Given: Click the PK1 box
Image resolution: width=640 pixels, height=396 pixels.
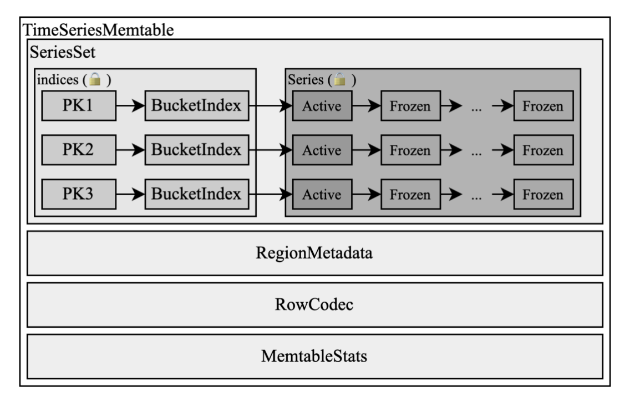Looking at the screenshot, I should (78, 105).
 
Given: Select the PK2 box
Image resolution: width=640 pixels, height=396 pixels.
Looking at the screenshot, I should (78, 150).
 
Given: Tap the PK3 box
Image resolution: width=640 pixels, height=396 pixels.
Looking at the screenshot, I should (78, 194).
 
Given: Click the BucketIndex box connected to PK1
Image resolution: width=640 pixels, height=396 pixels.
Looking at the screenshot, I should (197, 105).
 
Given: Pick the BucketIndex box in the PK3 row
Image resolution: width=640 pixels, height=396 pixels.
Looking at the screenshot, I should (197, 194).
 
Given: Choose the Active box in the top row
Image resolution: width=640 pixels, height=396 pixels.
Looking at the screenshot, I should (322, 106).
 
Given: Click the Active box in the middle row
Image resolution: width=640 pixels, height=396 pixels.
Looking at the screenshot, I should (322, 150).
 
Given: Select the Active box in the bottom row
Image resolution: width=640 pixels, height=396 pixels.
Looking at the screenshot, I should (322, 195).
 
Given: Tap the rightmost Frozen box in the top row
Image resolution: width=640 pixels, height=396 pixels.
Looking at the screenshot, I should (542, 106).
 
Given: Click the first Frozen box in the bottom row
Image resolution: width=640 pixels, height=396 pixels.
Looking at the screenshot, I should (410, 195).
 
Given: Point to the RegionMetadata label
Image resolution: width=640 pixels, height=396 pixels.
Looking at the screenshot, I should (314, 253).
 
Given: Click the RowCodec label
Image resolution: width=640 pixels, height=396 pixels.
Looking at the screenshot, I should (314, 305).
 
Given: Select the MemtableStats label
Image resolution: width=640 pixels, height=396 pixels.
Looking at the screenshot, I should (314, 356).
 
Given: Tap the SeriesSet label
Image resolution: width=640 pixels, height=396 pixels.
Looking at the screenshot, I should (62, 53).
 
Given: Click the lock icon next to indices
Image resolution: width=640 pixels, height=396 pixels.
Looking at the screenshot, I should (95, 80).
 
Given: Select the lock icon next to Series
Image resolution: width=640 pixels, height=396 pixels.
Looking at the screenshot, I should (340, 80).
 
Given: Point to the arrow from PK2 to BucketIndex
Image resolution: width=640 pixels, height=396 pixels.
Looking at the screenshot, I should (130, 150).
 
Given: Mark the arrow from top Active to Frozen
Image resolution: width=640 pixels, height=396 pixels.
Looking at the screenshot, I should (366, 106).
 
